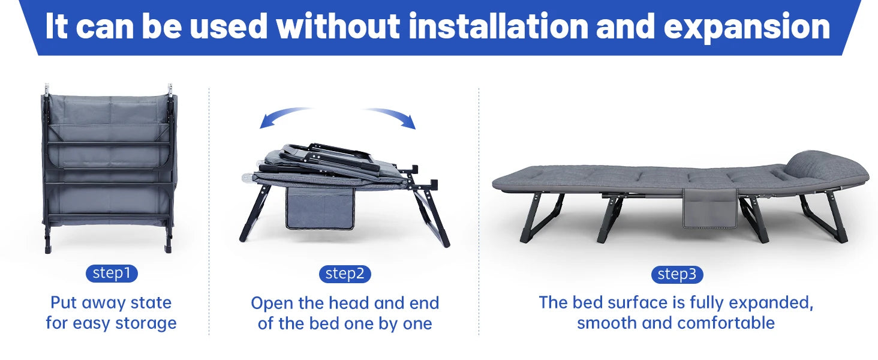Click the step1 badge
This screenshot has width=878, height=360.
pos(112,274)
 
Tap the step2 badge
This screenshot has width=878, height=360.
pos(345,274)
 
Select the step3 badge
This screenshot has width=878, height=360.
pos(677,275)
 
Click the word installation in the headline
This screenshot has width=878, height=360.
pos(498,26)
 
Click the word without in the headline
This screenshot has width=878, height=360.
pos(338,26)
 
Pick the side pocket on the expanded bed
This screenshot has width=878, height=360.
pos(710,208)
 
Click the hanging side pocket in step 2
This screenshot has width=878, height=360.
pos(320,208)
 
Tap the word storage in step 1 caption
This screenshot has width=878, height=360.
pos(146,323)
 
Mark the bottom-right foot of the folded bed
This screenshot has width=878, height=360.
pos(168,248)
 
